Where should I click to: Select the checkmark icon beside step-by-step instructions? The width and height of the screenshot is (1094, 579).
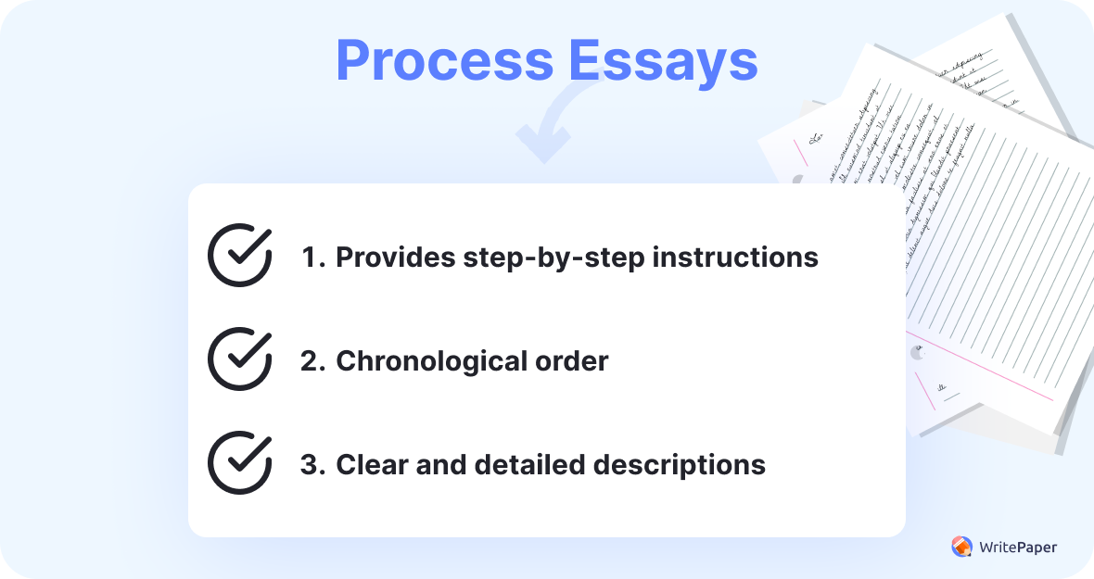point(240,255)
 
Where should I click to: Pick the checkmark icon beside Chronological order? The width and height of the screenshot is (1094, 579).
point(240,359)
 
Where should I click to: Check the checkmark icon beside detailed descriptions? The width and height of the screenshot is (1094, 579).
point(240,462)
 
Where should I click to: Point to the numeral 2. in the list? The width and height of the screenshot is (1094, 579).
point(312,360)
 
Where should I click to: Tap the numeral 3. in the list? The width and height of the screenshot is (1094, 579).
point(312,464)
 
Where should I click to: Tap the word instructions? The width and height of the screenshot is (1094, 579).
point(735,257)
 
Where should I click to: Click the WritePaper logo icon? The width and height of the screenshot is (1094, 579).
point(961,547)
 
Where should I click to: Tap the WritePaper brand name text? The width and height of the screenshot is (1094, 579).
point(1017,547)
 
